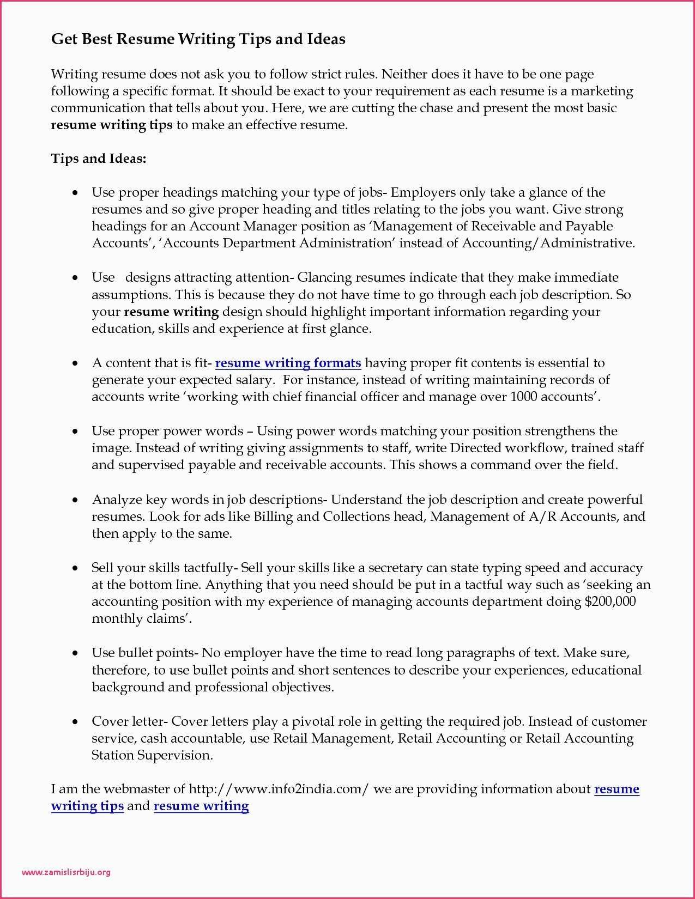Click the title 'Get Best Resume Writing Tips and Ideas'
click(x=198, y=39)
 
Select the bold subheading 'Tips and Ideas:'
click(x=99, y=159)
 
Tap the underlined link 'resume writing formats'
click(x=288, y=363)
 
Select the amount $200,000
click(x=609, y=602)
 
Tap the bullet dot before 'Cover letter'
click(x=76, y=722)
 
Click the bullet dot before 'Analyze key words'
click(x=76, y=500)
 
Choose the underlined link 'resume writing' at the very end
click(x=201, y=806)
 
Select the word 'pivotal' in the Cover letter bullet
click(x=313, y=721)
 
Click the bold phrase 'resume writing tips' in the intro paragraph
click(x=112, y=125)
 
